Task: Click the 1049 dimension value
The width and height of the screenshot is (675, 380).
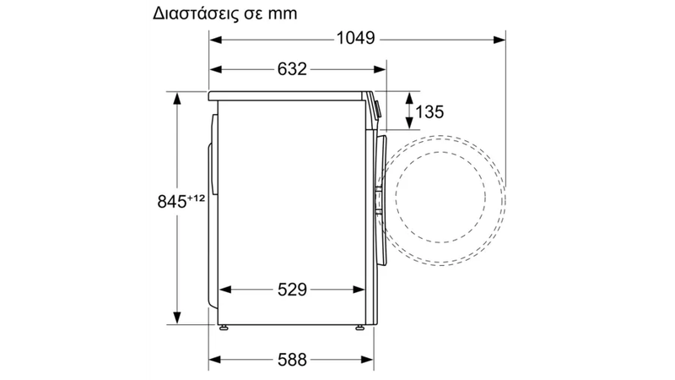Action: click(x=355, y=38)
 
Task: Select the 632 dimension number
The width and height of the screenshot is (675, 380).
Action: click(x=292, y=69)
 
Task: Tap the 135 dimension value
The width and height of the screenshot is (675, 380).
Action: click(x=429, y=112)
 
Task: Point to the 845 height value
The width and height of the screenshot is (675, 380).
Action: click(x=172, y=202)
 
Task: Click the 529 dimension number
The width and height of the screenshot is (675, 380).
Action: click(x=292, y=290)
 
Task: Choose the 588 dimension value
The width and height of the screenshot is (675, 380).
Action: click(x=292, y=360)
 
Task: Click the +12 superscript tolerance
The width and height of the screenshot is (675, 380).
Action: click(x=196, y=198)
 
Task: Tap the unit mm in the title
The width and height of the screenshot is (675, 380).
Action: click(x=283, y=14)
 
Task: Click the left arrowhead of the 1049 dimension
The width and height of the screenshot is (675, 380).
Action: click(x=216, y=40)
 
